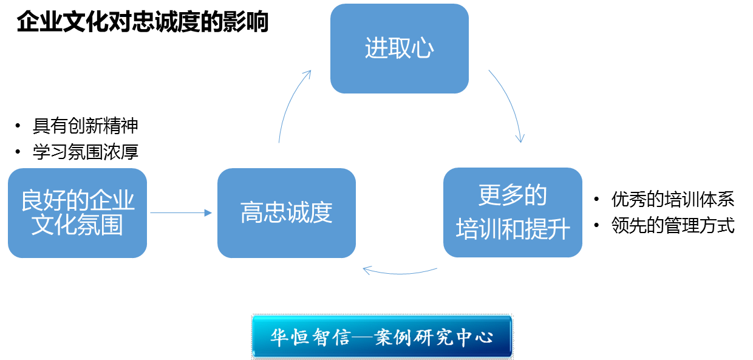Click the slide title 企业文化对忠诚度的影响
[143, 22]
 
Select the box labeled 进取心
[399, 49]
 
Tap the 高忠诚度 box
[286, 213]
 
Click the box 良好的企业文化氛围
[77, 213]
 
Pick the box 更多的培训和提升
[513, 212]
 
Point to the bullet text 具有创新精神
[86, 126]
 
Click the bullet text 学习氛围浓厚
[86, 151]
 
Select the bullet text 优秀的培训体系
[673, 199]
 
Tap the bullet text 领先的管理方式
[673, 226]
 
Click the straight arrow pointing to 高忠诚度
[182, 212]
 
